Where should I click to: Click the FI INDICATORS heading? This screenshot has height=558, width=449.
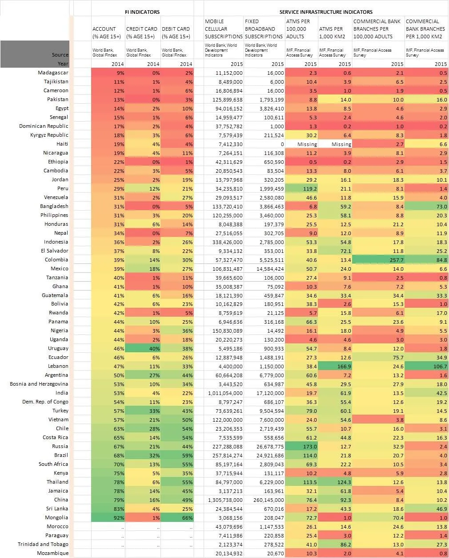142,12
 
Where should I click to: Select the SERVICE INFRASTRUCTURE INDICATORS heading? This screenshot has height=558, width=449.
326,12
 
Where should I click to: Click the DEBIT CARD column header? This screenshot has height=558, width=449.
176,33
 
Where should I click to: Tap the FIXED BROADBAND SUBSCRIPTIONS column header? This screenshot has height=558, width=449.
264,29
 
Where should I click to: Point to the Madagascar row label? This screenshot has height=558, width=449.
53,73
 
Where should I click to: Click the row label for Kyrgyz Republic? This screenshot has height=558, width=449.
49,135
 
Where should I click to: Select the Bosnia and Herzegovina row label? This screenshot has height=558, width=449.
39,384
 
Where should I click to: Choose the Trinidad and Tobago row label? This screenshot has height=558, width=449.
43,544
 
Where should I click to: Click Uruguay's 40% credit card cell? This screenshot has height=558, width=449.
143,349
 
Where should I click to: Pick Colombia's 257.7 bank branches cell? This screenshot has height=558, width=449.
378,260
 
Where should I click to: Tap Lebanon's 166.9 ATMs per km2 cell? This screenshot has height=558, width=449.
335,367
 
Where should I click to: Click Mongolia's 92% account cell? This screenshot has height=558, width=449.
108,518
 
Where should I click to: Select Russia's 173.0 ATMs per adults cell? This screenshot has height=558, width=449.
301,447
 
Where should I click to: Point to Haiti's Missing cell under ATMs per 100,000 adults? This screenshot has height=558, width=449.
301,144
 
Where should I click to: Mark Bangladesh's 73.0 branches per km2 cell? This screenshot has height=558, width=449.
427,206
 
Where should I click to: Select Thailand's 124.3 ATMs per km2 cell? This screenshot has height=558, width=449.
335,482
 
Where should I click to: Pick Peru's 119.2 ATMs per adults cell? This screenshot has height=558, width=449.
301,189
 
